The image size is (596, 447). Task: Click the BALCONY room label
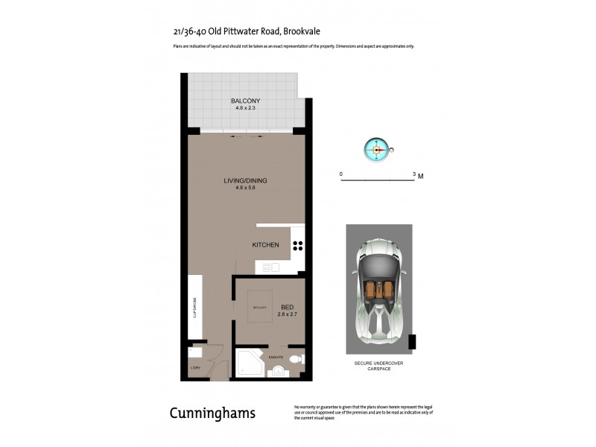click(x=245, y=101)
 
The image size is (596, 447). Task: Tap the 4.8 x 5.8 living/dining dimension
click(x=245, y=188)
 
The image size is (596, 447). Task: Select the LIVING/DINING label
click(x=245, y=180)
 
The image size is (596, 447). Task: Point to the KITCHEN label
click(x=265, y=245)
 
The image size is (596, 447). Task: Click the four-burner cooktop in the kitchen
click(x=297, y=245)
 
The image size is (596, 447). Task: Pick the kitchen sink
click(x=267, y=267)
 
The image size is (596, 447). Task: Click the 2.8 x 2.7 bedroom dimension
click(x=287, y=315)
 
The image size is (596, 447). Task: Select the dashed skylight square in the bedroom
click(x=259, y=306)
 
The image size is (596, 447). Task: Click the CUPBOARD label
click(x=195, y=308)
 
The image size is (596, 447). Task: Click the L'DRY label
click(x=195, y=369)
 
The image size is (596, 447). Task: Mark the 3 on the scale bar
click(x=413, y=174)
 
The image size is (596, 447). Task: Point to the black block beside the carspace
click(x=412, y=342)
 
